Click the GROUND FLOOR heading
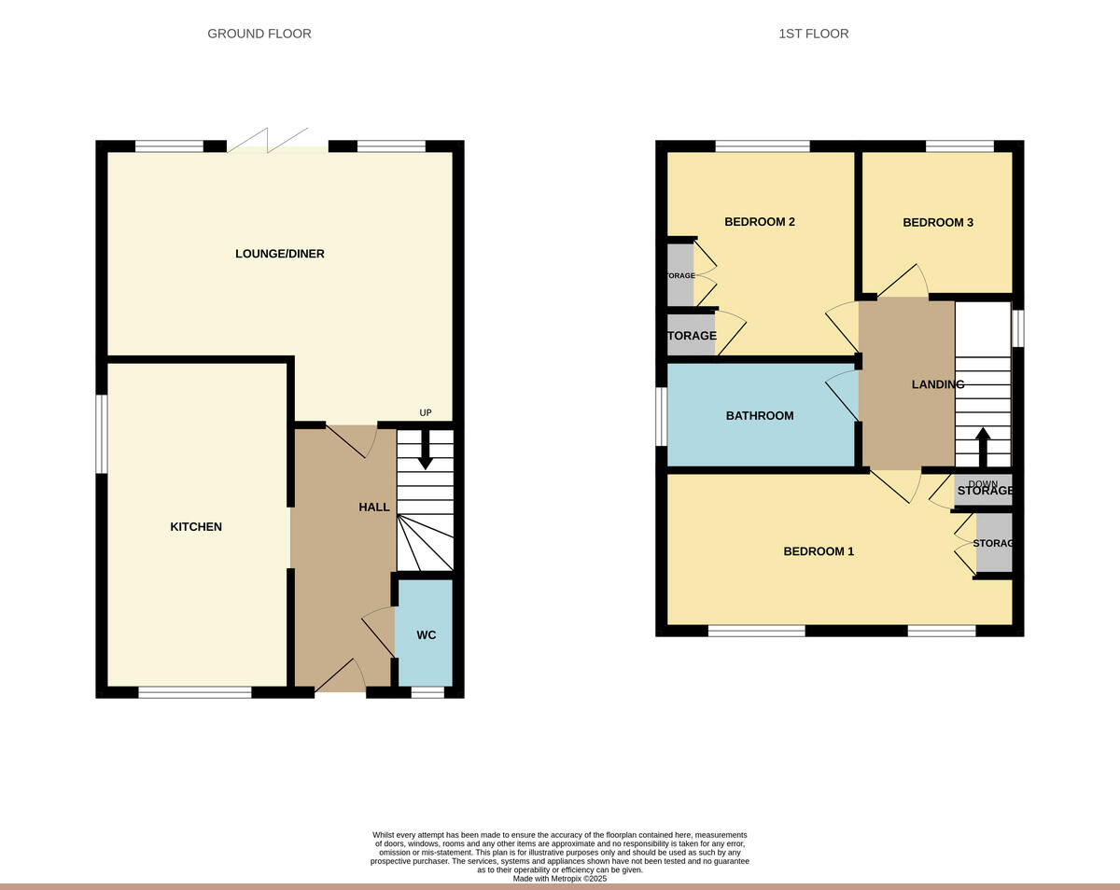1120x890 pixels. tap(259, 34)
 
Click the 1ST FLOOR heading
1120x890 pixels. tap(814, 34)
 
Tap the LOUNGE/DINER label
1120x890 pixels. tap(280, 254)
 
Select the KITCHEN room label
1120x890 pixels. tap(196, 527)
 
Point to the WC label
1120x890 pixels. tap(427, 635)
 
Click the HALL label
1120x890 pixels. tap(374, 507)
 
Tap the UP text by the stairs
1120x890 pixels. tap(426, 413)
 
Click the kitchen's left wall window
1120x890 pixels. tap(102, 434)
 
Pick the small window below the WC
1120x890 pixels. tap(427, 692)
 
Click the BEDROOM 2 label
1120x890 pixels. tap(760, 222)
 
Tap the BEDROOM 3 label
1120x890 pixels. tap(938, 223)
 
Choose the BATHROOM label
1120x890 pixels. tap(760, 416)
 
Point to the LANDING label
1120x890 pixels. tap(938, 384)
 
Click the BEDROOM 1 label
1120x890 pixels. tap(819, 551)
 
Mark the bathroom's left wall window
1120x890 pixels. tap(662, 416)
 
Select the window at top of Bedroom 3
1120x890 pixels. tap(959, 146)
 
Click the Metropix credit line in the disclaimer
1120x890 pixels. tap(560, 879)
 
